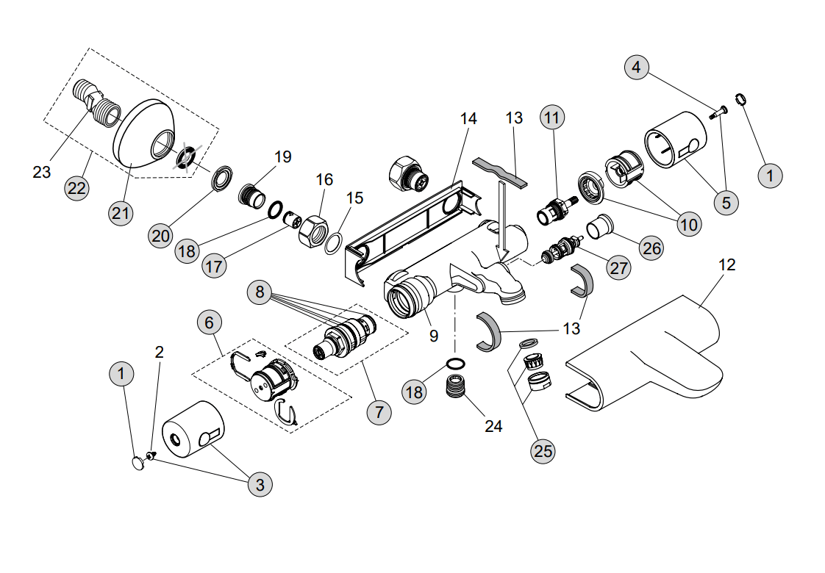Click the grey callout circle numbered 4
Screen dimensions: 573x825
636,68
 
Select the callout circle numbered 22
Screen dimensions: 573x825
76,187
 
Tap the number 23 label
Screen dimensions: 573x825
42,172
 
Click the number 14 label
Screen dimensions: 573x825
468,118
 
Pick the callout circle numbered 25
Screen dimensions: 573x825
543,451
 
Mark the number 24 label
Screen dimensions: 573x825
493,425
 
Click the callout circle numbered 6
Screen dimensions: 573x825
210,322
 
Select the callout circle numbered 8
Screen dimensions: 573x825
260,291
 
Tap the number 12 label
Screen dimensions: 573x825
726,264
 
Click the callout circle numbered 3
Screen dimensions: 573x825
259,485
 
